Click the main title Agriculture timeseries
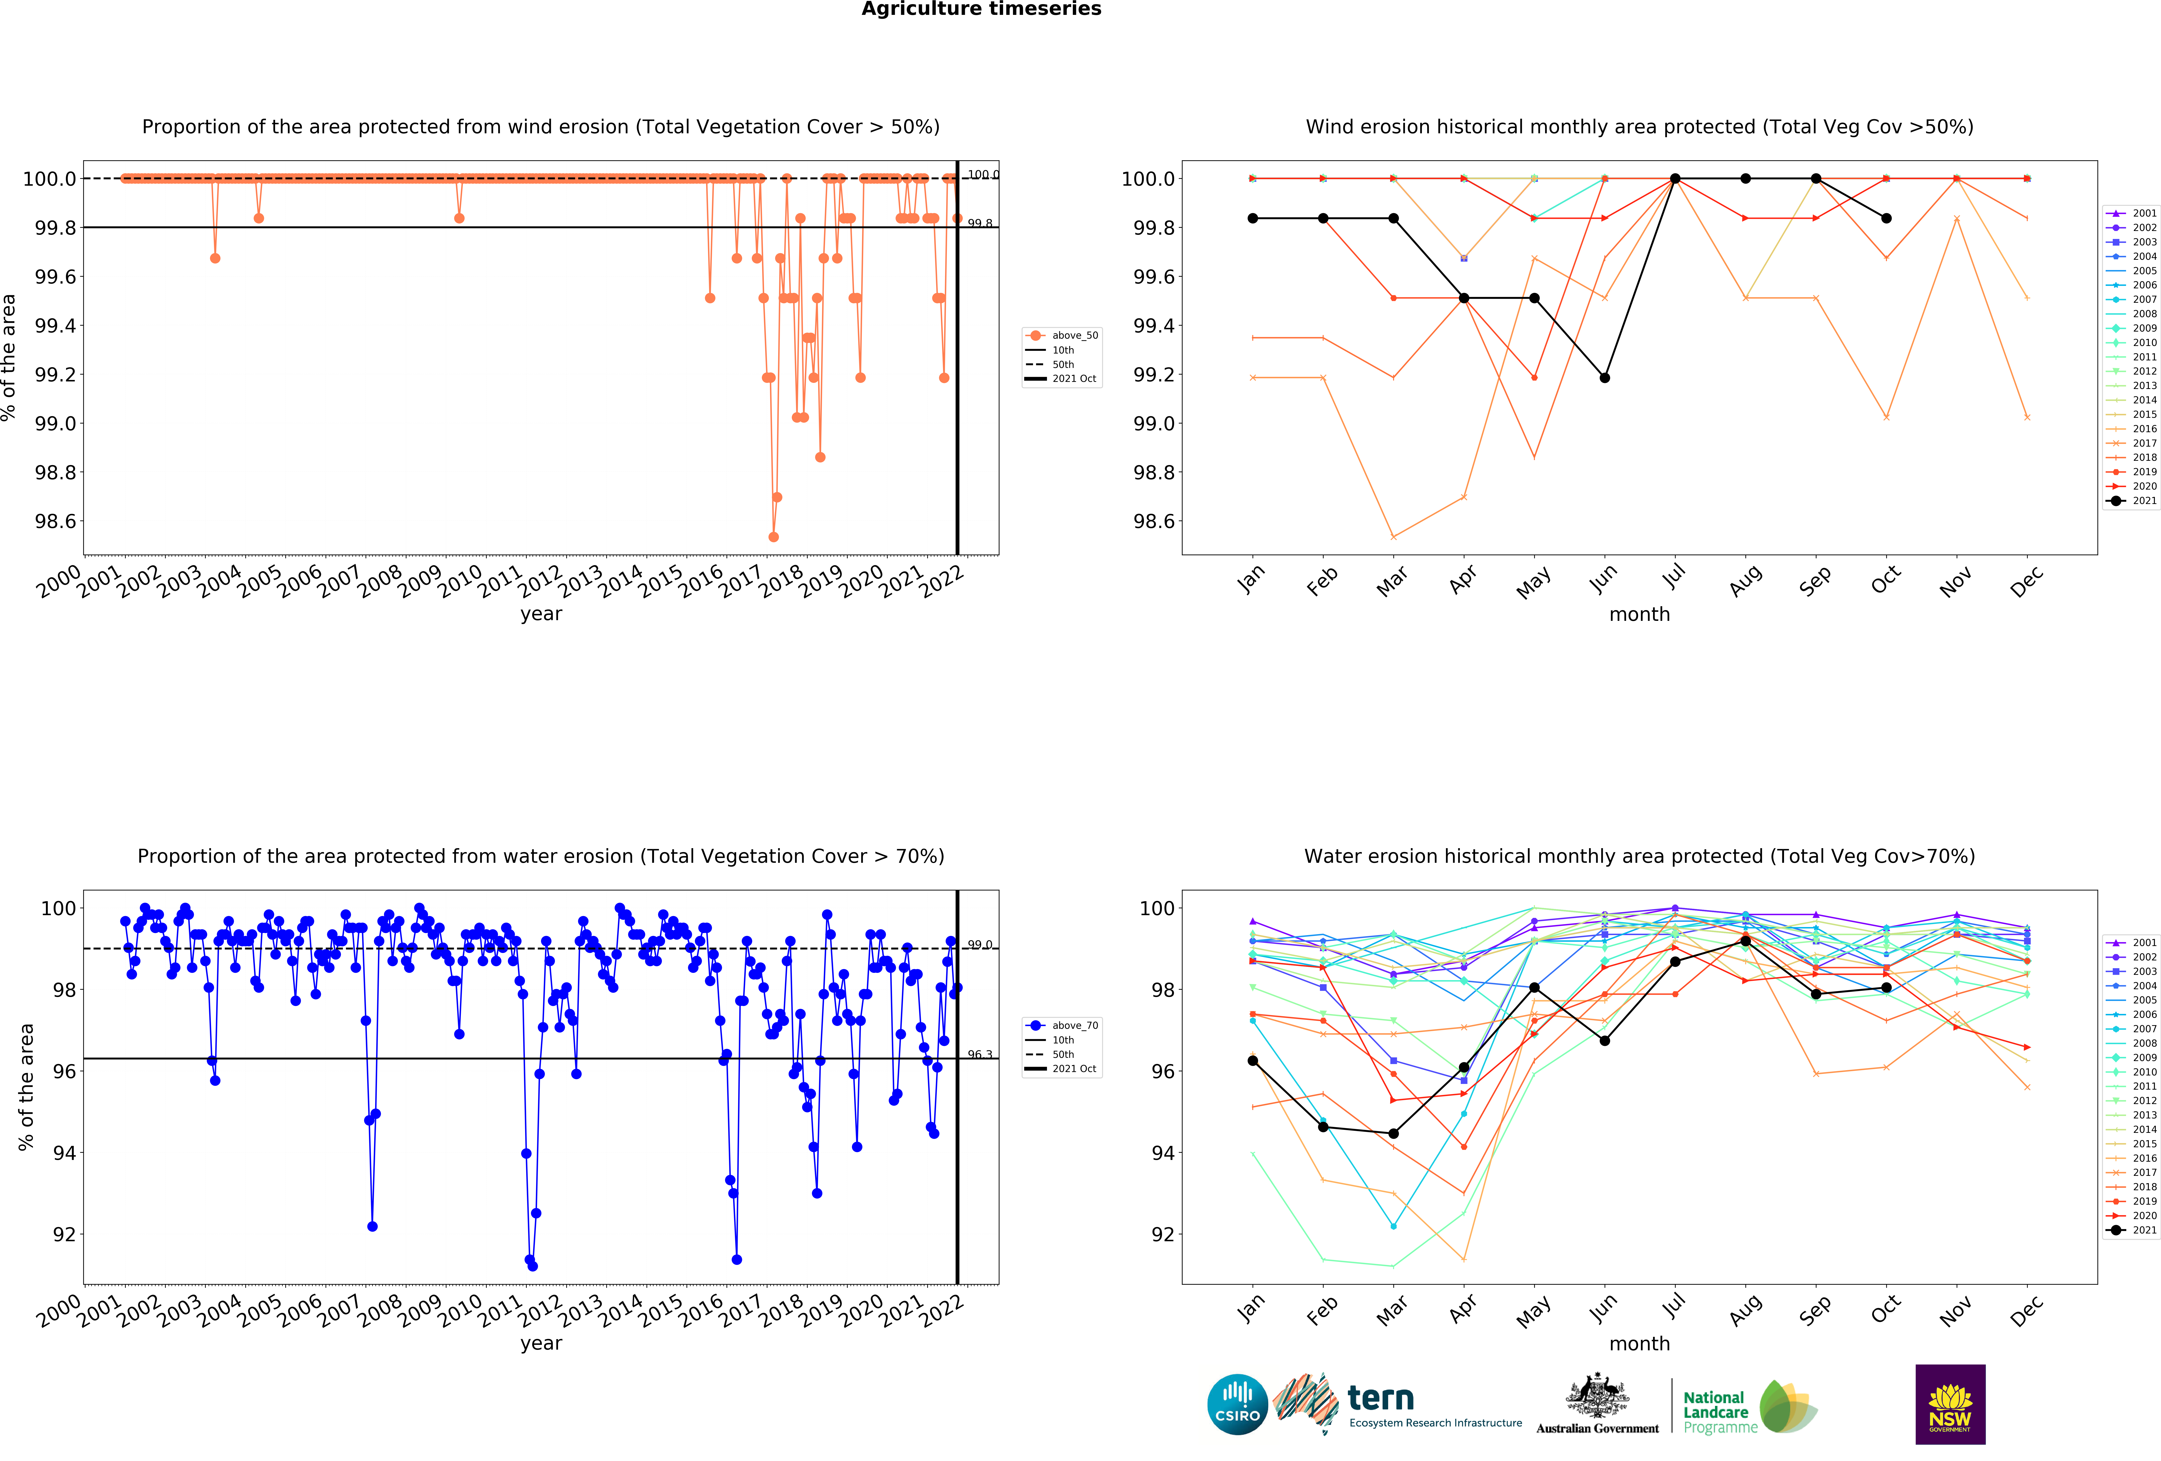[x=981, y=9]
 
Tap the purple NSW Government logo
[x=1950, y=1404]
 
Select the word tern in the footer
[x=1381, y=1398]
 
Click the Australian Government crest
[x=1597, y=1395]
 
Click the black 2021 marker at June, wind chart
[x=1604, y=378]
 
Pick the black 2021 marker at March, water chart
[x=1393, y=1134]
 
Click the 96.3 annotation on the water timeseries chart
[x=979, y=1055]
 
